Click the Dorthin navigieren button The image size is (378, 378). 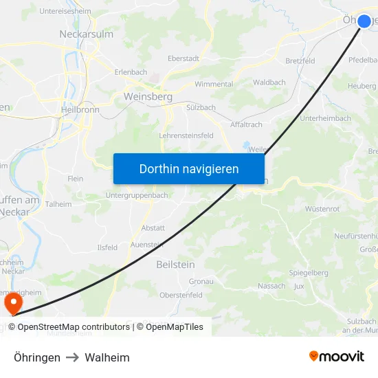[x=189, y=168]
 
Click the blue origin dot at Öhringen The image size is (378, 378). [x=364, y=21]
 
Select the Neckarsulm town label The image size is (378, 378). [x=86, y=33]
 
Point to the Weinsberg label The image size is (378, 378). [x=148, y=97]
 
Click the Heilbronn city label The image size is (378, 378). [x=80, y=109]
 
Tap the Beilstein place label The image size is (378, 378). [x=175, y=264]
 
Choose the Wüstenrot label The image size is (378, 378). [x=323, y=208]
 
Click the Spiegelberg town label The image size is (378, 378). [x=308, y=272]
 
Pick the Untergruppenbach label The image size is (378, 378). [x=137, y=195]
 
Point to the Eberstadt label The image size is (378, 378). [x=184, y=58]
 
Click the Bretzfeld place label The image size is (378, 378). [x=300, y=60]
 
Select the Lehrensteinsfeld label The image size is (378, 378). [x=186, y=135]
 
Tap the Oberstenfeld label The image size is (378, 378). [x=181, y=295]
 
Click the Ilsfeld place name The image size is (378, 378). [x=107, y=247]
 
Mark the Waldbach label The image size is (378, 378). [x=269, y=82]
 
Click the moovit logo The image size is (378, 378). [x=336, y=356]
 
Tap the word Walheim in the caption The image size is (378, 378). [x=107, y=357]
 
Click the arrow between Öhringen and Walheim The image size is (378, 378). [x=73, y=357]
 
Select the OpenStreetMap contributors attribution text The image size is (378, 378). [x=74, y=327]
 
